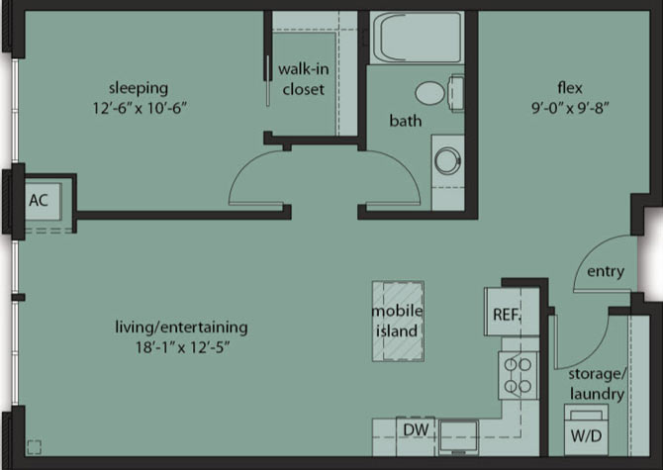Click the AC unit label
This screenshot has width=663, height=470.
[x=39, y=200]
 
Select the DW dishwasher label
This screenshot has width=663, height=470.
[x=416, y=430]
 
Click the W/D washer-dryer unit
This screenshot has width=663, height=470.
[x=586, y=429]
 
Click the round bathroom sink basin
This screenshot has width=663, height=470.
[x=447, y=160]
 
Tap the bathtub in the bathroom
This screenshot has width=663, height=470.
[x=417, y=38]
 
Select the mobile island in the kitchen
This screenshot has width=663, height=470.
[x=398, y=322]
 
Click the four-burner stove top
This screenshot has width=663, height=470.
[x=519, y=375]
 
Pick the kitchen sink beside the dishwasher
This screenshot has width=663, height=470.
[x=459, y=437]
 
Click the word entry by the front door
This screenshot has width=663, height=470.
[x=606, y=272]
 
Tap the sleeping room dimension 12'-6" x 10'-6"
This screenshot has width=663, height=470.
[x=140, y=108]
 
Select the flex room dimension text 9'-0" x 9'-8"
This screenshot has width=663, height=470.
[x=570, y=108]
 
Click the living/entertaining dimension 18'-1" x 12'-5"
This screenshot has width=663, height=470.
[x=182, y=347]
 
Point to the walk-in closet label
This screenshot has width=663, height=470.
[x=304, y=79]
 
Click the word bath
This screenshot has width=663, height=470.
[x=406, y=121]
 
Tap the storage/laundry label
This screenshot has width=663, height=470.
[x=597, y=384]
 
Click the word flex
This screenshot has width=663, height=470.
[x=570, y=88]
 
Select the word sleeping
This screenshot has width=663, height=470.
[x=139, y=88]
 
